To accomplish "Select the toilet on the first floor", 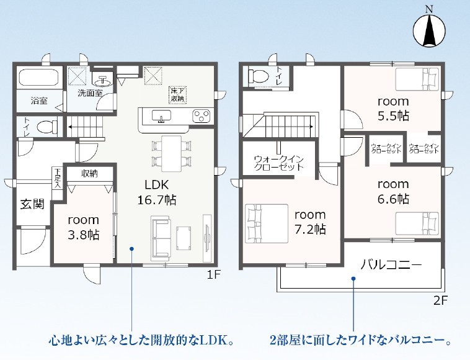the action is pos(47,126).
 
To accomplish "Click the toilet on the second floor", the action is pos(259,76).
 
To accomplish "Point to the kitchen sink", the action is pos(162,116).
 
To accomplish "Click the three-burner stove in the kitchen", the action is pos(202,117).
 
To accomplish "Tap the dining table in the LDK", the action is pos(172,153).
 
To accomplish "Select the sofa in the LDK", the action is pos(161,238).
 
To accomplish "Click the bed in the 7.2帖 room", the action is pos(267,223).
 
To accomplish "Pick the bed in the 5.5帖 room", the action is pos(417,79).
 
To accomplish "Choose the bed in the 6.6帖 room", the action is pos(417,223).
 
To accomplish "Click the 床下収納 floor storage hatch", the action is pos(178,95).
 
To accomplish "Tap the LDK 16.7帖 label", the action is pos(157,192).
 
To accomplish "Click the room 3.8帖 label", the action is pos(83,227).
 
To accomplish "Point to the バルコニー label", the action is pos(391,265).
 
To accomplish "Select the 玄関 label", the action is pos(32,204).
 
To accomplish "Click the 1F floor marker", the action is pos(214,274).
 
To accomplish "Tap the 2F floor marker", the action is pos(441,300).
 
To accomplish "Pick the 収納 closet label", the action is pos(89,173).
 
